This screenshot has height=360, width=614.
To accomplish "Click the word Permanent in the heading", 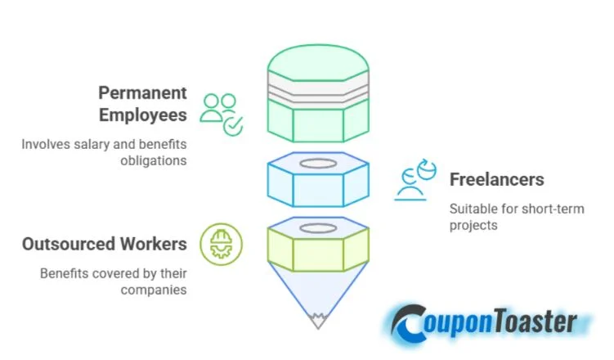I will click(142, 92).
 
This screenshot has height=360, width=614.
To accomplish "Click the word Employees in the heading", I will click(142, 115).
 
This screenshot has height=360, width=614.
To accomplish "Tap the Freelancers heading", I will click(496, 179).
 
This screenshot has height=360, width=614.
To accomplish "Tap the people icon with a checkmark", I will click(221, 113).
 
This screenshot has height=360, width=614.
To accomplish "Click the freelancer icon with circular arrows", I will click(417, 181).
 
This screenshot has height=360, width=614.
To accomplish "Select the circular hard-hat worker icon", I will click(221, 244).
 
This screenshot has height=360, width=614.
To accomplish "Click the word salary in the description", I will click(93, 144).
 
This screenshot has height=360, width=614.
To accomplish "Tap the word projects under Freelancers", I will click(473, 225).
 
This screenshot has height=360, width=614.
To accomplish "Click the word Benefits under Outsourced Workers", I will click(64, 273).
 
